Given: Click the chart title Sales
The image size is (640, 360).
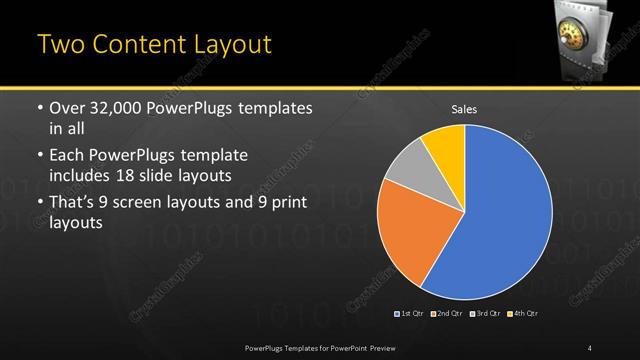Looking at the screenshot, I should click(464, 107).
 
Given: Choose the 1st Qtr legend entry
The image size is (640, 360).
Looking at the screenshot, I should click(411, 314).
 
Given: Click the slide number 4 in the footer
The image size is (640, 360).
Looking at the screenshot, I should click(590, 347).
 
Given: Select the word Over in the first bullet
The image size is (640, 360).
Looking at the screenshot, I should click(66, 108).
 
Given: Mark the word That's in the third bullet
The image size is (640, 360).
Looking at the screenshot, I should click(74, 203).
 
